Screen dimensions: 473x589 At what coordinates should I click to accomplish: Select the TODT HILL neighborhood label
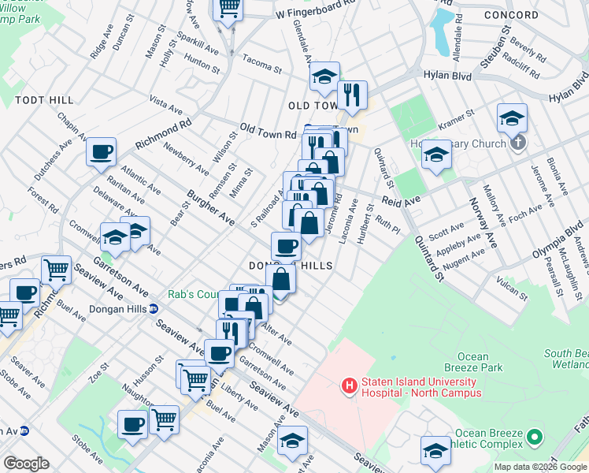(44, 100)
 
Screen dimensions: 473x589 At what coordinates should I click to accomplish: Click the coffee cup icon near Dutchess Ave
(101, 152)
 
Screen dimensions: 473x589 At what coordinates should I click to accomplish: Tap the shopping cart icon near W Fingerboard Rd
(228, 8)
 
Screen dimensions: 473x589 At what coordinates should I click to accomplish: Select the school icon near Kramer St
(512, 119)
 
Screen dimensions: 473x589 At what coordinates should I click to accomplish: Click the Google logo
(26, 464)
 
